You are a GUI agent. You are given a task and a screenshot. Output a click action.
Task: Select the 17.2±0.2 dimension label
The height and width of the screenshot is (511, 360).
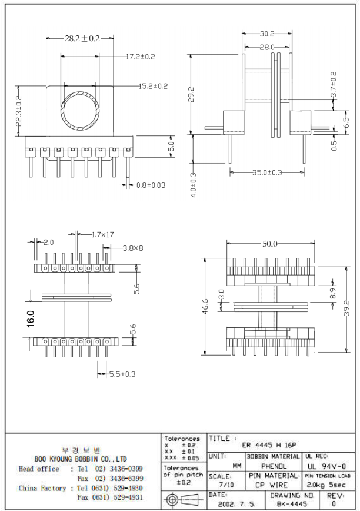click(141, 57)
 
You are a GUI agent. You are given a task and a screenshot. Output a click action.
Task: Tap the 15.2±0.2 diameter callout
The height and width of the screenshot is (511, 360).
click(154, 86)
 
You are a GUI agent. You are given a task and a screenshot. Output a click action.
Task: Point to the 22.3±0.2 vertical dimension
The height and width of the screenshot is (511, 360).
click(18, 111)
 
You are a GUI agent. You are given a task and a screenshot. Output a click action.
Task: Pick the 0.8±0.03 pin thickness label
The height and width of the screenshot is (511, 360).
click(151, 185)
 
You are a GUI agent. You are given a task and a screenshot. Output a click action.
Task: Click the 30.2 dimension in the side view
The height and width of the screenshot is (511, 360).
click(268, 34)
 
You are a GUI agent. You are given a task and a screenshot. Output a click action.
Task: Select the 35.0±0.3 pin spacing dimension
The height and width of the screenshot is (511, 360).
click(267, 172)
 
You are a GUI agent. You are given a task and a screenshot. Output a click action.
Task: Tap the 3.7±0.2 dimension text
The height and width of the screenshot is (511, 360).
click(334, 85)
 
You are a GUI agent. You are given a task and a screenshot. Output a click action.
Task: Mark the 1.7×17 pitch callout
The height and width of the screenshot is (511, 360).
click(102, 234)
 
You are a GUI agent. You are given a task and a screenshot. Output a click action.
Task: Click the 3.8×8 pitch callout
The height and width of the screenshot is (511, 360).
click(133, 248)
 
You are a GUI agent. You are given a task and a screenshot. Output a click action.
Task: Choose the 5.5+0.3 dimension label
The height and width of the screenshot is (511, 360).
click(122, 374)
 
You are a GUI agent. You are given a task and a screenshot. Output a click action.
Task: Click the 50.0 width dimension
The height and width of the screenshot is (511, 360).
click(270, 244)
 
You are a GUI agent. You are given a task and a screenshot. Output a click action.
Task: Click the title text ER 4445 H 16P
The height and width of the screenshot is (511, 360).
click(269, 446)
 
